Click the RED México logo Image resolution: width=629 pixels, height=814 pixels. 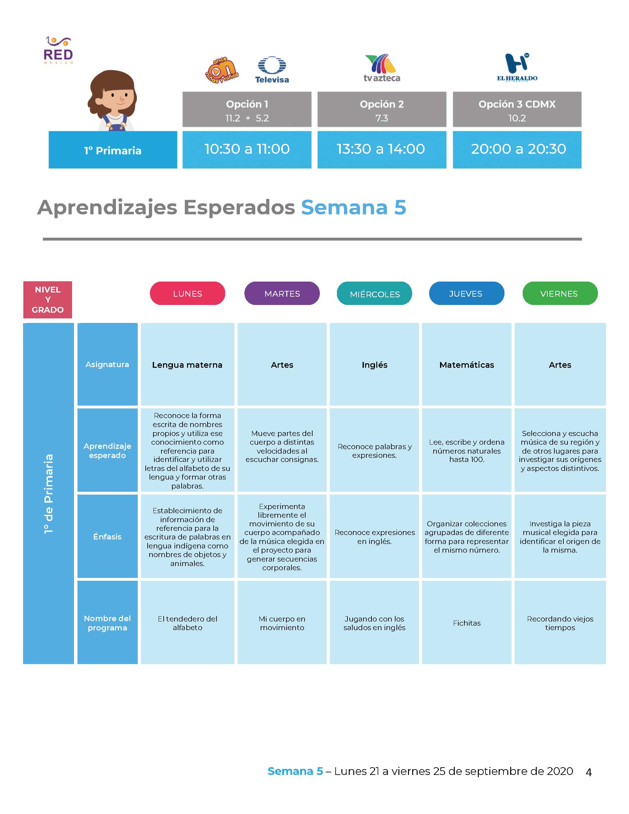[58, 50]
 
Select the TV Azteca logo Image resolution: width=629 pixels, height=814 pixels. [381, 68]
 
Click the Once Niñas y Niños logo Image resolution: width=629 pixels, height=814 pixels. [222, 70]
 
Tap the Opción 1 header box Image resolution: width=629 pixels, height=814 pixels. [247, 109]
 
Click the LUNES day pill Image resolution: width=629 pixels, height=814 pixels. [187, 293]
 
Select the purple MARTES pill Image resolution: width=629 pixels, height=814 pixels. [282, 293]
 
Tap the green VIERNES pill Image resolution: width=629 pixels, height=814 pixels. [560, 293]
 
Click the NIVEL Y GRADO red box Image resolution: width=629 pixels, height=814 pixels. [48, 300]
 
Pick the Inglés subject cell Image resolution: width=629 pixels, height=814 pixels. [374, 364]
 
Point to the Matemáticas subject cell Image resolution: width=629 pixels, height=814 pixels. [467, 364]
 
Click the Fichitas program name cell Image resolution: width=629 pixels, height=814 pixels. [467, 622]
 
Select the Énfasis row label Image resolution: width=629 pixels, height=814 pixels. [107, 536]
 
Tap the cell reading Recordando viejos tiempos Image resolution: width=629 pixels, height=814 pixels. [560, 622]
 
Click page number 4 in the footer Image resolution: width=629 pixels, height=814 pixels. [589, 772]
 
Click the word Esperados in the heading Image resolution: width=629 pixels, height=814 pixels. [239, 207]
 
